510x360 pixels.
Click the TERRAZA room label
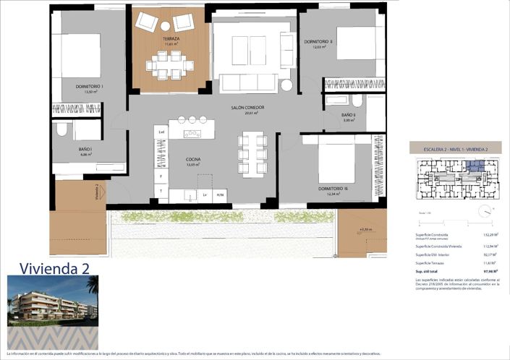(171, 38)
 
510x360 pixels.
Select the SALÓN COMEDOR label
(247, 108)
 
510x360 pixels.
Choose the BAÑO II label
(349, 116)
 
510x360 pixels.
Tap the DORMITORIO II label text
(318, 42)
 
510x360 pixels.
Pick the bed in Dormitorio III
(337, 160)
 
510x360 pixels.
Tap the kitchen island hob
(192, 134)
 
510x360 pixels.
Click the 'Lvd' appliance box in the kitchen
(161, 132)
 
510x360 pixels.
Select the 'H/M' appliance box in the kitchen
(221, 195)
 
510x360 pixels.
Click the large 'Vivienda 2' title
(55, 267)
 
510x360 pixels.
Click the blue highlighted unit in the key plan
(474, 167)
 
